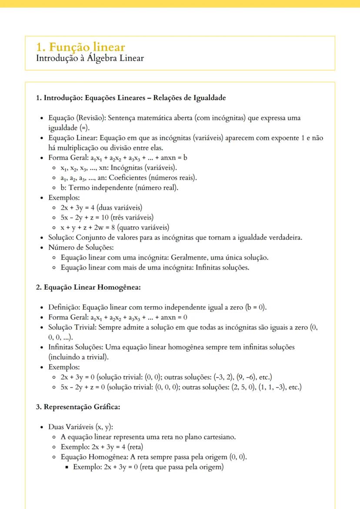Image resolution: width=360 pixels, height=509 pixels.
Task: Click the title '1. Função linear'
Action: pyautogui.click(x=81, y=47)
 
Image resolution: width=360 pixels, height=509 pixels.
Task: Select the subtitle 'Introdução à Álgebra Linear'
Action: pyautogui.click(x=90, y=58)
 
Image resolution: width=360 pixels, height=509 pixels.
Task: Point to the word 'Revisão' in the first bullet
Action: pyautogui.click(x=92, y=118)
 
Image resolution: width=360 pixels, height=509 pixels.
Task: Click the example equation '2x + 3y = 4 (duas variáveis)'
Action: pyautogui.click(x=101, y=208)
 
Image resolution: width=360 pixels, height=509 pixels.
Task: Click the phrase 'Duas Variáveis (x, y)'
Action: pyautogui.click(x=80, y=427)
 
